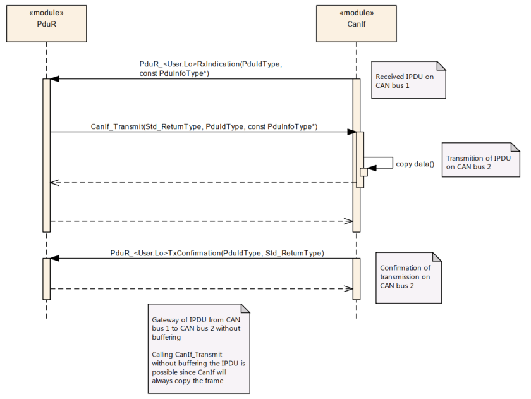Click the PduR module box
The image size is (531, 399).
pyautogui.click(x=46, y=23)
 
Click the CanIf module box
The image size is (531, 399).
pyautogui.click(x=357, y=23)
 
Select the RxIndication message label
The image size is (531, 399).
pyautogui.click(x=211, y=68)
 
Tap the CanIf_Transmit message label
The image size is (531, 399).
pyautogui.click(x=204, y=126)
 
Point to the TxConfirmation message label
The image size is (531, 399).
pyautogui.click(x=217, y=253)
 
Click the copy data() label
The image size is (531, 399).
pyautogui.click(x=415, y=164)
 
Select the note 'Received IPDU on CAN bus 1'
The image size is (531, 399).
pyautogui.click(x=408, y=80)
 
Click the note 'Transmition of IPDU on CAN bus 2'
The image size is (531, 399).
pyautogui.click(x=480, y=159)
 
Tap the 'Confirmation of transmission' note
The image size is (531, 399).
pyautogui.click(x=408, y=278)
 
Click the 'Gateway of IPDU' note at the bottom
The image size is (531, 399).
pyautogui.click(x=198, y=348)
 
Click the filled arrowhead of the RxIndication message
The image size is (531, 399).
pyautogui.click(x=54, y=79)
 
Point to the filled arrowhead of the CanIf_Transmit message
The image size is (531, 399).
pyautogui.click(x=352, y=132)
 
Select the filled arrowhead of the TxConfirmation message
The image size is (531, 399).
pyautogui.click(x=54, y=258)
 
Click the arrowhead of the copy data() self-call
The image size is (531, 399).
pyautogui.click(x=372, y=168)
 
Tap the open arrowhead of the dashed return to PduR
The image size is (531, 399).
pyautogui.click(x=54, y=183)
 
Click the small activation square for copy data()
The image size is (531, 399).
pyautogui.click(x=363, y=172)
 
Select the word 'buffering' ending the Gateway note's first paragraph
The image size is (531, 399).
pyautogui.click(x=166, y=337)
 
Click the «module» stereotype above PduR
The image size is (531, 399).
pyautogui.click(x=46, y=13)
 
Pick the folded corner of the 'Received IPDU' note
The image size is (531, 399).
pyautogui.click(x=441, y=66)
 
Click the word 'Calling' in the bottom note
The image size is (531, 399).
pyautogui.click(x=162, y=355)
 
